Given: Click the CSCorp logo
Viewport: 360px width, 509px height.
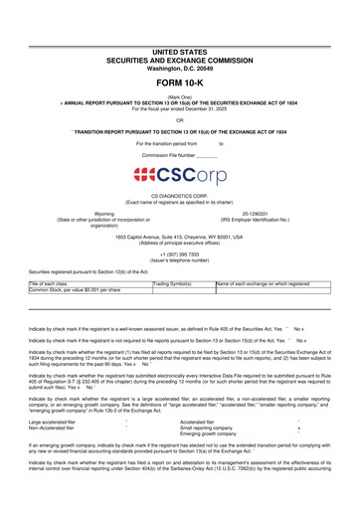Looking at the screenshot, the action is (180, 175).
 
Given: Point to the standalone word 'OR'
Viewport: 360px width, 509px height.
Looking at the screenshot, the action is (180, 119).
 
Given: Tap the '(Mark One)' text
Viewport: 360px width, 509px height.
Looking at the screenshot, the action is (180, 96).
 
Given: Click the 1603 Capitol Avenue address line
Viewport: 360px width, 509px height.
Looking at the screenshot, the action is (180, 235).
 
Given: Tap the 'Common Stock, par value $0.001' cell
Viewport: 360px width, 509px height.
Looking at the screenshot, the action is (76, 290).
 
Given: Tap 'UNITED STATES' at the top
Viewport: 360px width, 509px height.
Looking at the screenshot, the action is (180, 50).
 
